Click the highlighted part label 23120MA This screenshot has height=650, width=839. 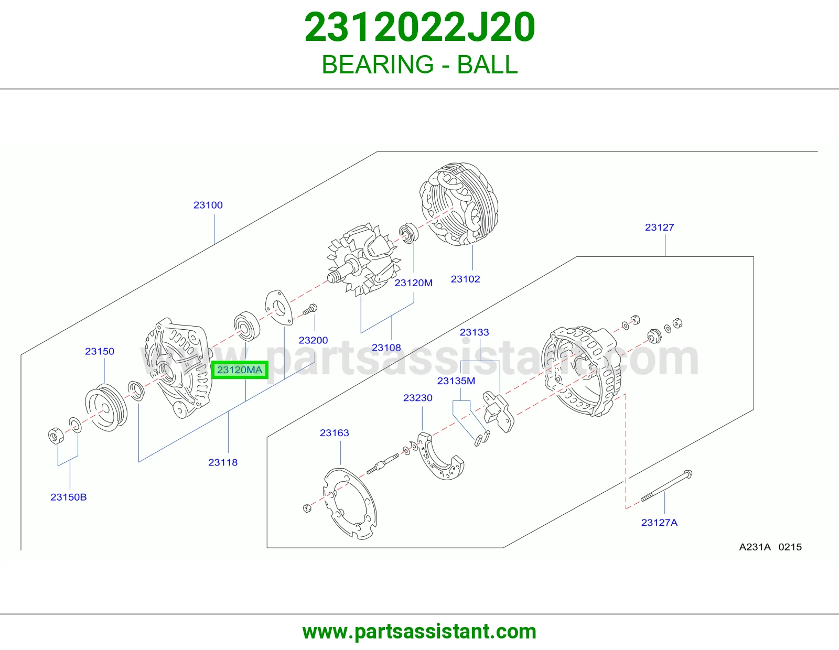pos(240,370)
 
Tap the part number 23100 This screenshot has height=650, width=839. pos(208,205)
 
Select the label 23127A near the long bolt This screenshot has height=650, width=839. pos(659,523)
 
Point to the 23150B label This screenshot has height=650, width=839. pos(68,497)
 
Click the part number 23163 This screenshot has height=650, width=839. pos(334,432)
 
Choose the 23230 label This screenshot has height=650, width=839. pos(417,397)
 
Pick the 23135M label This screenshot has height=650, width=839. pos(456,381)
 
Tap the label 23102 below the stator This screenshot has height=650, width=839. pos(465,279)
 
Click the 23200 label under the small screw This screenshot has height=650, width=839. pos(313,340)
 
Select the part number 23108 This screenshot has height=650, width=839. pos(386,348)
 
